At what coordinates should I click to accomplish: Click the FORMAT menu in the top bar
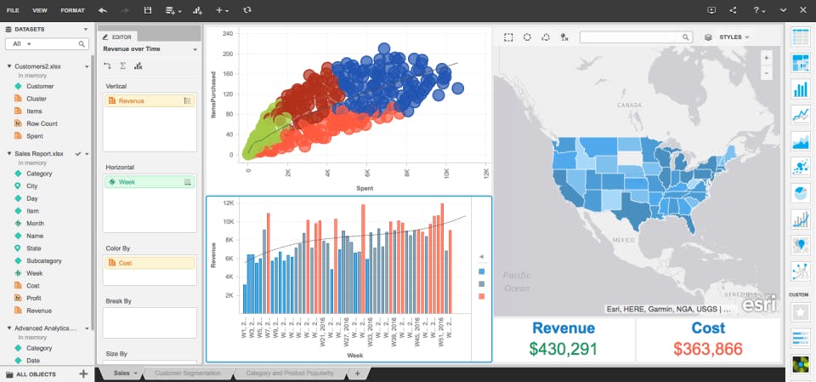(72, 10)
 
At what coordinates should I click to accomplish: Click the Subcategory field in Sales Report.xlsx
(44, 260)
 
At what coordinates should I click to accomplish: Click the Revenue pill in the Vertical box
(131, 100)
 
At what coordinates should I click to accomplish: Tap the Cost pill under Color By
(125, 263)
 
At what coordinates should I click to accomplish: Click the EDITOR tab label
(122, 37)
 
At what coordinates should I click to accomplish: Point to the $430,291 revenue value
(563, 348)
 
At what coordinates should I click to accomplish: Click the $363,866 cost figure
(708, 348)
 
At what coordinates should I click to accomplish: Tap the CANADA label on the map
(628, 105)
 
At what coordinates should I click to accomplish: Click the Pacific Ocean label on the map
(516, 282)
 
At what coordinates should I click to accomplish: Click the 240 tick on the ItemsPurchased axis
(228, 34)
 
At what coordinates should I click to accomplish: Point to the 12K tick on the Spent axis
(486, 172)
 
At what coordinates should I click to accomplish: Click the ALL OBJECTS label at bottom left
(37, 373)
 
